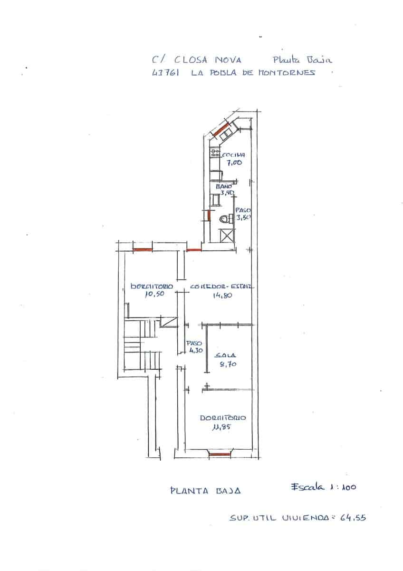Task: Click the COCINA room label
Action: tap(233, 155)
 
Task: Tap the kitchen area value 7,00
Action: tap(234, 163)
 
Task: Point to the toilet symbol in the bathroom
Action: tap(225, 219)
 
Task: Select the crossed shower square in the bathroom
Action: tap(227, 236)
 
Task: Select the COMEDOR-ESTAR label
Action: tap(222, 287)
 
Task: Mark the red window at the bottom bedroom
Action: tap(219, 455)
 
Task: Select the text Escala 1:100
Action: tap(323, 487)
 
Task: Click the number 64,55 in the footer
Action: tap(353, 518)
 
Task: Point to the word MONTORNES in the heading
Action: tap(287, 73)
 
